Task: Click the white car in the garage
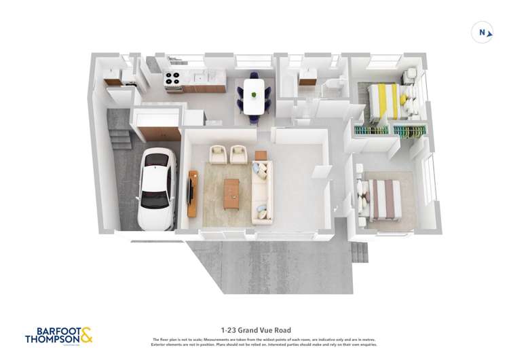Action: [x=157, y=188]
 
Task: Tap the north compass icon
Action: [x=483, y=32]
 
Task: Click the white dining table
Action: [x=254, y=96]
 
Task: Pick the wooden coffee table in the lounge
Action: [x=231, y=193]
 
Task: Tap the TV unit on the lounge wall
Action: [x=192, y=193]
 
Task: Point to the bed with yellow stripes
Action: [x=385, y=101]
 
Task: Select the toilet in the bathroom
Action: [x=333, y=85]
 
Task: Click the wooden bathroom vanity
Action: [x=307, y=77]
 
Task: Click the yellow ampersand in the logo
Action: [x=86, y=334]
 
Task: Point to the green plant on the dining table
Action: [x=254, y=92]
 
